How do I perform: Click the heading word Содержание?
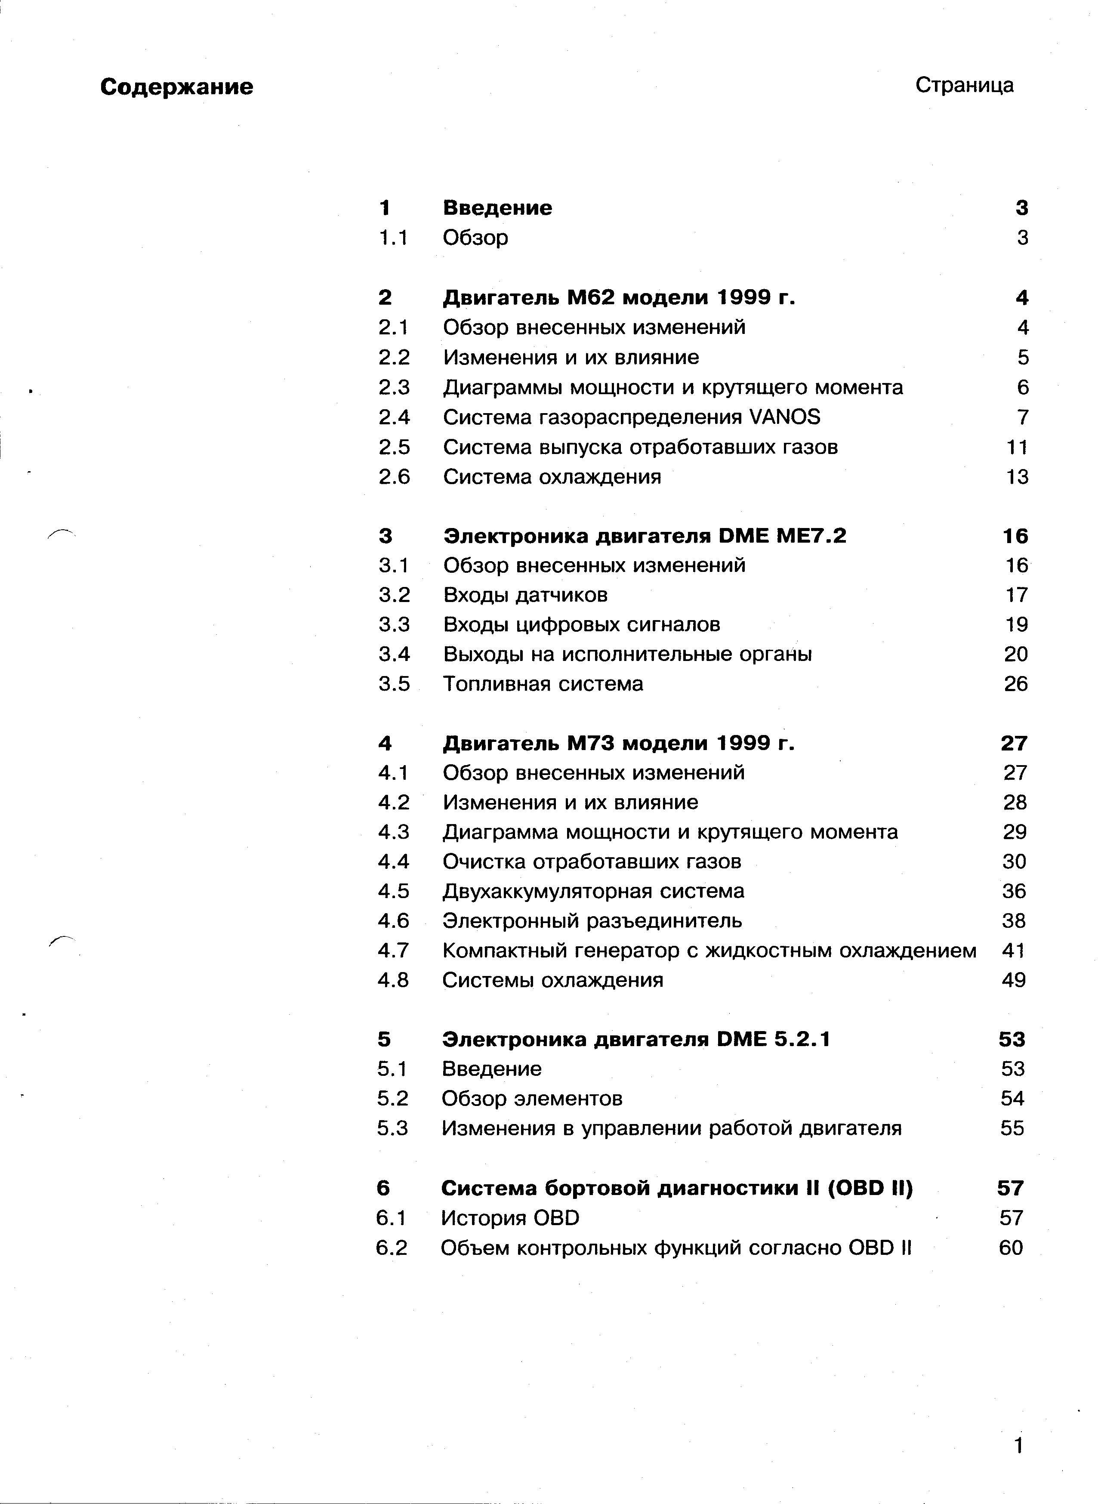(177, 87)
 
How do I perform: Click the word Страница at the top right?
(964, 85)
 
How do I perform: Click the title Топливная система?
(543, 684)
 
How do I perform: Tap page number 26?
(1015, 684)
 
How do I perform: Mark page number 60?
(1011, 1248)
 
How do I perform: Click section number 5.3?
(392, 1128)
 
